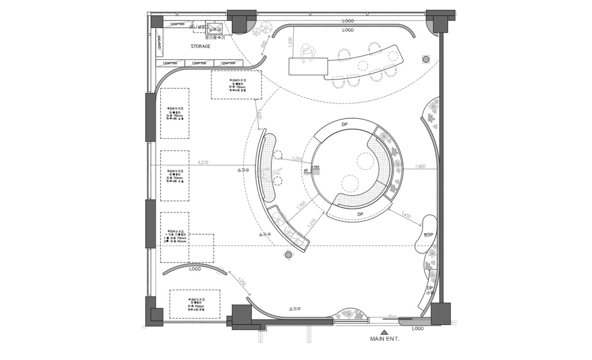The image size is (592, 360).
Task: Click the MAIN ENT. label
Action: coord(384,339)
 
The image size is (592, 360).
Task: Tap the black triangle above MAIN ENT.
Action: coord(384,331)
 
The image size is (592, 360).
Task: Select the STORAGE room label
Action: coord(200,47)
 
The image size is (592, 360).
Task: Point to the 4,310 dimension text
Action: coord(202,162)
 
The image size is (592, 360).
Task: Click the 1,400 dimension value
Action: coord(419,166)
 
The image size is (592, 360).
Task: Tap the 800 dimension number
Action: coord(264,45)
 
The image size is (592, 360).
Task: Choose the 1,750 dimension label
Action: coord(301,206)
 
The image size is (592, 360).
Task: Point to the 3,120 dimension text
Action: coord(259,115)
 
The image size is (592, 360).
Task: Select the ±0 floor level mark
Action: coord(306,171)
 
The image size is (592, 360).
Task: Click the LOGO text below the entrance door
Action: coord(418,329)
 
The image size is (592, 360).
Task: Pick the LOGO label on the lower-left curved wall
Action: coord(195,269)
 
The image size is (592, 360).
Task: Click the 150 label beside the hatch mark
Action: coord(316,167)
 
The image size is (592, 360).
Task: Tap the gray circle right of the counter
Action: coord(425,59)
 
